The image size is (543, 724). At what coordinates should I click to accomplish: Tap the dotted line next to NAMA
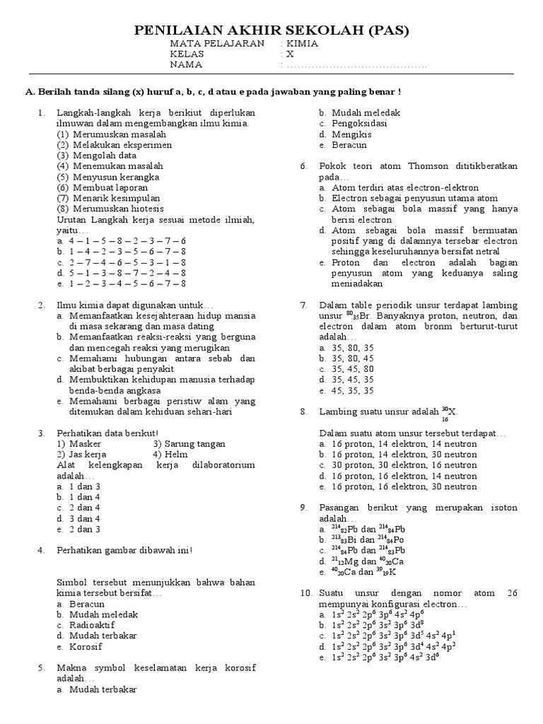click(356, 66)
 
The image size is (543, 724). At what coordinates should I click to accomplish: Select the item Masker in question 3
click(86, 444)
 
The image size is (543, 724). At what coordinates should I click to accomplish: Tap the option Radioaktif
click(91, 625)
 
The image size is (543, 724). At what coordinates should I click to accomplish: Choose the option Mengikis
click(350, 134)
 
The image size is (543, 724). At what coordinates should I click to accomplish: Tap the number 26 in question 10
click(511, 593)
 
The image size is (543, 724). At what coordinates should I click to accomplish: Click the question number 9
click(304, 508)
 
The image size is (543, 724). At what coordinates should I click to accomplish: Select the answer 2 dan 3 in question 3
click(84, 529)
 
